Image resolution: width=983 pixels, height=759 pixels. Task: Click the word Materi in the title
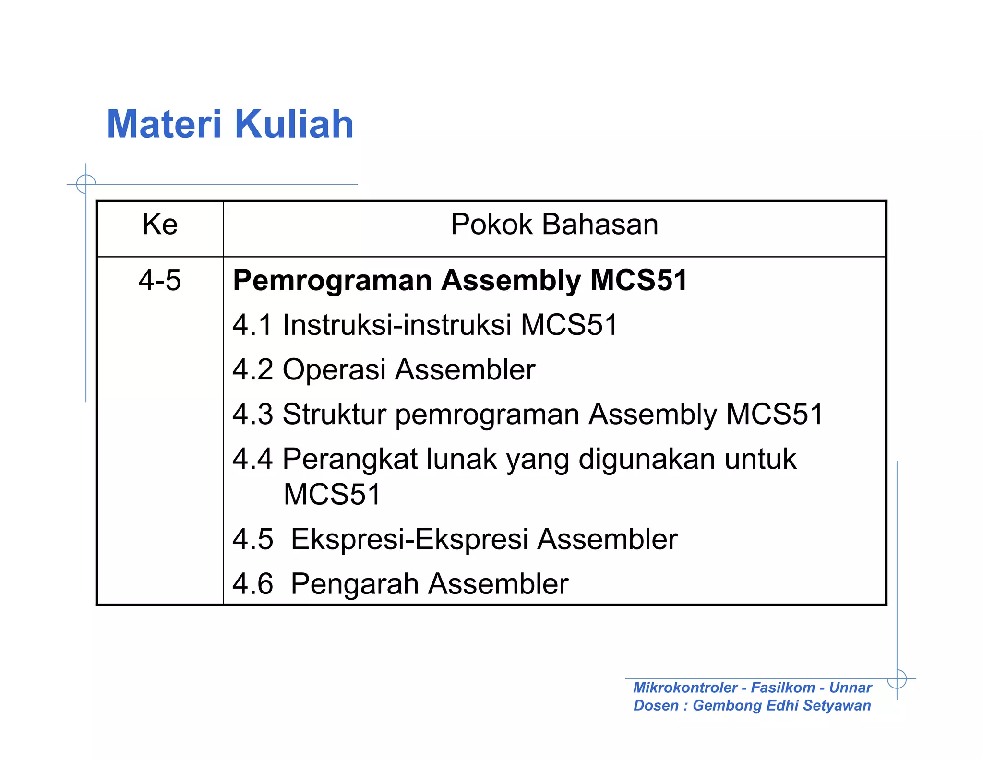164,124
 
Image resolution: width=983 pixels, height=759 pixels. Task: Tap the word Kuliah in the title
294,124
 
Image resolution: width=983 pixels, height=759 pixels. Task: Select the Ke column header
160,224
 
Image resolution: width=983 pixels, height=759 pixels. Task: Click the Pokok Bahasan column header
554,224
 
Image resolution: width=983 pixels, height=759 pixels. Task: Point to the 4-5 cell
160,280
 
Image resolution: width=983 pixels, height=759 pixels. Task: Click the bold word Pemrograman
332,280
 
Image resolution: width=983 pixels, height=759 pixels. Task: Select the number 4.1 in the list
252,325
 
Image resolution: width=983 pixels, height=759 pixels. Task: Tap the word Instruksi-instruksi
397,325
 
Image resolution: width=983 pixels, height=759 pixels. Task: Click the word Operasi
334,369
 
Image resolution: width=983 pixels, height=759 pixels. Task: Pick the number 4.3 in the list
252,414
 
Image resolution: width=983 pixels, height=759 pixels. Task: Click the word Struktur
334,414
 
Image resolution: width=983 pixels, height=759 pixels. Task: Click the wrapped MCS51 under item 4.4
332,494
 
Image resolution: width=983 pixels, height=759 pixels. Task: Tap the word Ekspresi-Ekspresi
409,539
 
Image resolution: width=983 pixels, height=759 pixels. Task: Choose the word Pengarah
355,584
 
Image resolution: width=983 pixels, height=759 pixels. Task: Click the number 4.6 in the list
252,584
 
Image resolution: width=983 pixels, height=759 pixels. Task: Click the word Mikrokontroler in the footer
685,688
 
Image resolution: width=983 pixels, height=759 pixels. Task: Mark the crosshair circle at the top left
86,184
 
